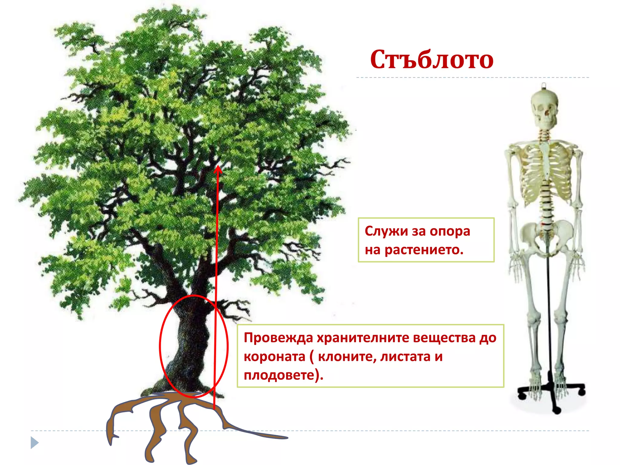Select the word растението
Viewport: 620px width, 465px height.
(x=424, y=250)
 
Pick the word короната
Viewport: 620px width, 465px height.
(x=274, y=357)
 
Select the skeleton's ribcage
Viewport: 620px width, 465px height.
(x=545, y=173)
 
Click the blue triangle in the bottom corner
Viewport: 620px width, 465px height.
(x=34, y=443)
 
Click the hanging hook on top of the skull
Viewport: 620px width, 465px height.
(x=544, y=86)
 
